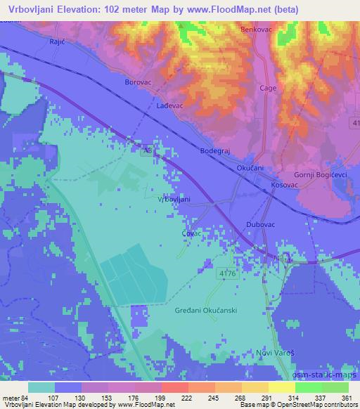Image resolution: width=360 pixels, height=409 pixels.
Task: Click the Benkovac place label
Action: tap(255, 30)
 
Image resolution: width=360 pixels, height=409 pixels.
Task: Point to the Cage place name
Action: tap(268, 89)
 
